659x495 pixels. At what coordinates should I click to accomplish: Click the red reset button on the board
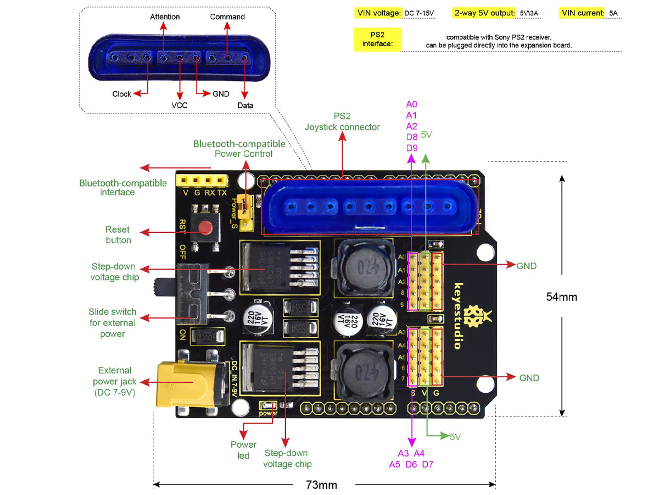coord(206,227)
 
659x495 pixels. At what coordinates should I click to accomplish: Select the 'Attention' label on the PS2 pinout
coord(165,16)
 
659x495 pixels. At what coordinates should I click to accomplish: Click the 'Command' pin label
coord(227,16)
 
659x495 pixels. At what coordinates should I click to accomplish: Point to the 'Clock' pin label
coord(121,94)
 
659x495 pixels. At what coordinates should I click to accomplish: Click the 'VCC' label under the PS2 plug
coord(180,105)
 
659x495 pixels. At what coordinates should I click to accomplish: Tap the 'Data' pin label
coord(245,105)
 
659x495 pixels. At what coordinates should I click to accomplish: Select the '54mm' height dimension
coord(561,296)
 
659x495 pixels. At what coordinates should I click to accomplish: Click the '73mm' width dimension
coord(321,485)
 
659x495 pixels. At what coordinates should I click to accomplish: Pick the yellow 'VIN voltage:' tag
coord(379,13)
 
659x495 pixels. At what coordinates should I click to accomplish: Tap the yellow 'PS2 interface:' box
coord(377,40)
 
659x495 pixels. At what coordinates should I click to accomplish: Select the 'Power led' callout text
coord(243,450)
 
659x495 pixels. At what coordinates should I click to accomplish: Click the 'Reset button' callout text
coord(118,234)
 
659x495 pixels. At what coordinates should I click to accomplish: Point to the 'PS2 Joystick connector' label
coord(342,122)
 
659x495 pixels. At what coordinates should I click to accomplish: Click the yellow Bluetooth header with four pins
coord(202,180)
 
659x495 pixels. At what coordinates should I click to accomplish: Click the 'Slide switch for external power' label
coord(113,323)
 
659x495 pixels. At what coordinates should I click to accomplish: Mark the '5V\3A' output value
coord(529,13)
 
